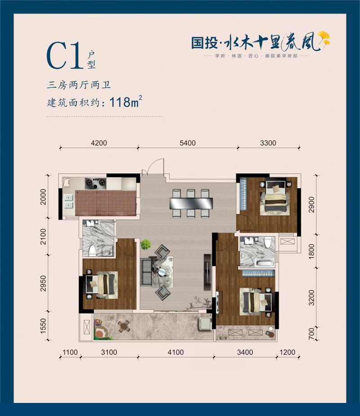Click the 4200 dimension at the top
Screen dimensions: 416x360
coord(99,143)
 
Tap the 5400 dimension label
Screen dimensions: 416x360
coord(188,143)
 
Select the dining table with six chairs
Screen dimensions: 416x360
coord(189,203)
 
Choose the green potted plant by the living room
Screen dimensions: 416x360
coord(145,245)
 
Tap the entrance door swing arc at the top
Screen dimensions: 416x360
coord(151,167)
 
